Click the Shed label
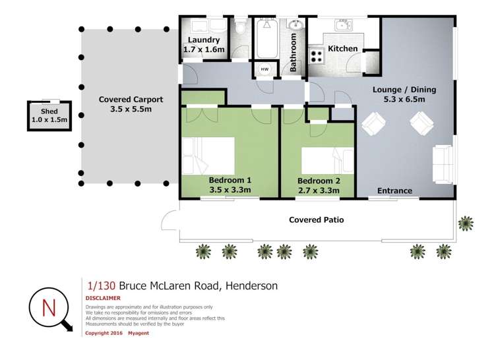[49, 112]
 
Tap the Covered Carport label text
[131, 100]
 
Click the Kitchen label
[343, 48]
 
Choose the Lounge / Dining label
[405, 90]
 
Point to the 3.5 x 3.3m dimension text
[230, 190]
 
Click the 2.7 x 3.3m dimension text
[319, 191]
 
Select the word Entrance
[394, 191]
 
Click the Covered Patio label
[316, 220]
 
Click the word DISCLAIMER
[103, 298]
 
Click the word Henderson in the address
[251, 285]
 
